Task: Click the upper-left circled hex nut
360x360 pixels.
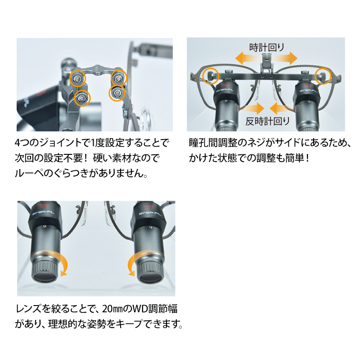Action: pos(77,78)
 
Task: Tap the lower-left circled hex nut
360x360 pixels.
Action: pos(82,98)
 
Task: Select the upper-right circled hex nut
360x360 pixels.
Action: pos(118,78)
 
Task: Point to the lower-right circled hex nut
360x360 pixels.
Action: pos(117,93)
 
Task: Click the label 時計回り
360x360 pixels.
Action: pos(266,47)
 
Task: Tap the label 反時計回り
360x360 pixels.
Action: pos(267,121)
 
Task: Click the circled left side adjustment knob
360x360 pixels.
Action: pos(210,76)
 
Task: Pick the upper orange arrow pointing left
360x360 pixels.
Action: pos(248,58)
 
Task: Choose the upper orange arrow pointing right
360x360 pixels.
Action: pos(285,58)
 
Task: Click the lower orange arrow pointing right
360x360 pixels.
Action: pos(252,108)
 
